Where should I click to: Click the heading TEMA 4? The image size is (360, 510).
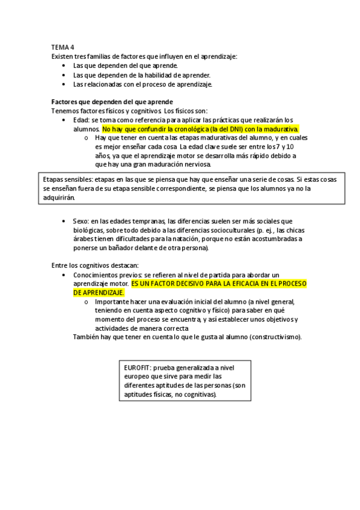pos(63,46)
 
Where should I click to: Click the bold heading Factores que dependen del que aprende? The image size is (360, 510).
pos(112,102)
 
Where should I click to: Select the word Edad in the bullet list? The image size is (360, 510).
pos(81,120)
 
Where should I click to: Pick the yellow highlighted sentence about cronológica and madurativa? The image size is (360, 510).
pos(200,129)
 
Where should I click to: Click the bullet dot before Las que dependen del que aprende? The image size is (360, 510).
pos(64,66)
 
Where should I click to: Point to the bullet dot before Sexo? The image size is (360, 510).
pos(64,221)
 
